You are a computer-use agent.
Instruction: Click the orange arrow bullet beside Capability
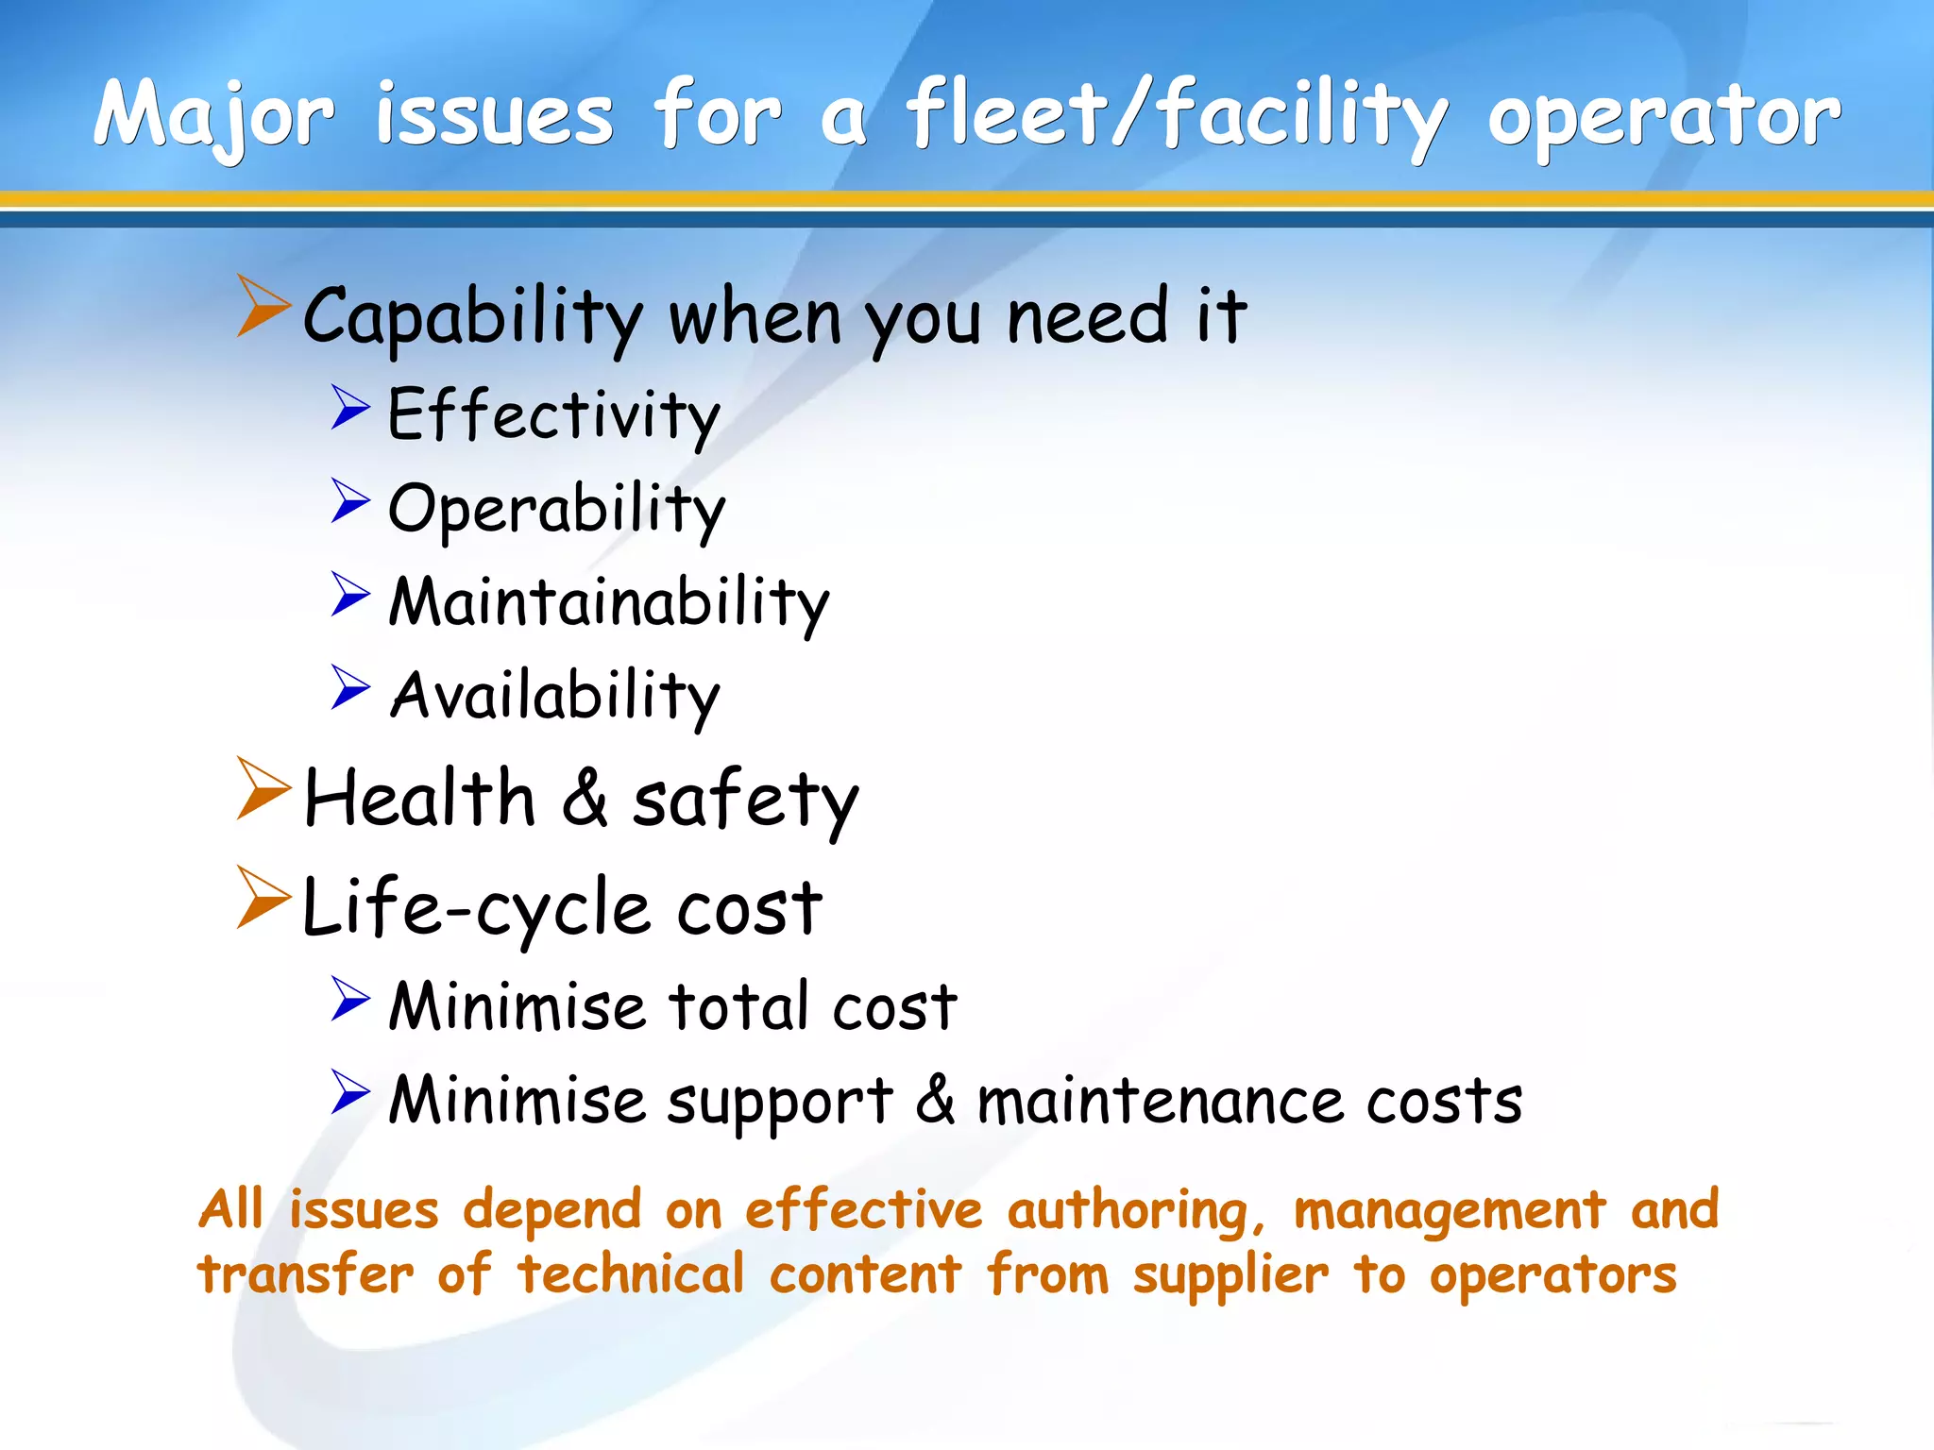click(x=263, y=306)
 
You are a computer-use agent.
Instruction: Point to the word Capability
click(x=473, y=317)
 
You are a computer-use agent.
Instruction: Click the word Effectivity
click(x=553, y=415)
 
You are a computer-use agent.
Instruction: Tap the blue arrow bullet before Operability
click(x=350, y=501)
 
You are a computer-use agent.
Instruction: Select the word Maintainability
click(x=609, y=602)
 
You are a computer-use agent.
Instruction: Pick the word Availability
click(x=555, y=697)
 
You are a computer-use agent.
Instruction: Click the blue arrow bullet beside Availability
click(x=350, y=688)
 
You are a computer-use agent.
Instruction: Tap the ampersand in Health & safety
click(x=585, y=799)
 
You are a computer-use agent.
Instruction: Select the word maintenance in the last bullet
click(x=1160, y=1101)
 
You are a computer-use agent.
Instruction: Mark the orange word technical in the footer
click(x=631, y=1274)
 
